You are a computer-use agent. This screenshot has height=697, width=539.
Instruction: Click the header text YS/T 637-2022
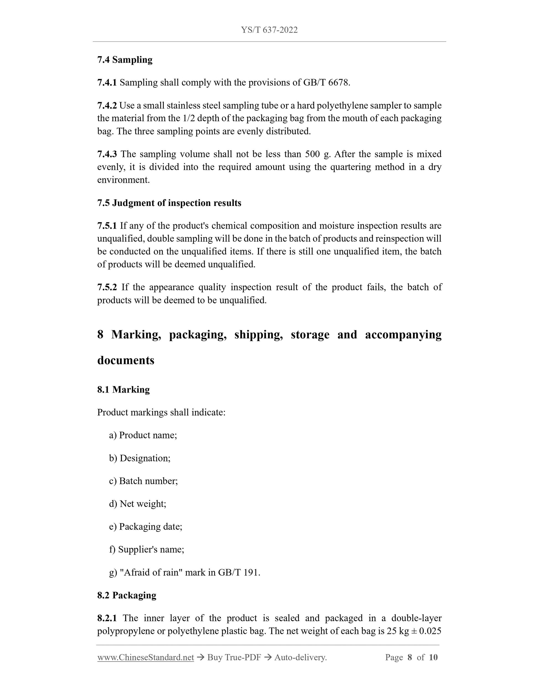tap(269, 30)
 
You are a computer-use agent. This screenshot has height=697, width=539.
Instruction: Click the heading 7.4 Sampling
tap(125, 60)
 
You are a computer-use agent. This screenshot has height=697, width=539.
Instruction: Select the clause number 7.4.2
tap(107, 106)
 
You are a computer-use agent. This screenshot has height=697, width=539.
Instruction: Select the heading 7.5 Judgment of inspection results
tap(169, 203)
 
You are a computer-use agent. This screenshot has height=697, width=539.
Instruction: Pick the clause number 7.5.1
tap(107, 226)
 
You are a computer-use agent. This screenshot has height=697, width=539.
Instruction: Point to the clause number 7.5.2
tap(107, 287)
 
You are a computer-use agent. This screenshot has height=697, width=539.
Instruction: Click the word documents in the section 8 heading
tap(126, 360)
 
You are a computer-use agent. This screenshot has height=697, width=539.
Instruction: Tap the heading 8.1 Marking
tap(124, 390)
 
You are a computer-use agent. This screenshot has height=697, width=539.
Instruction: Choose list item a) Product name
tap(143, 435)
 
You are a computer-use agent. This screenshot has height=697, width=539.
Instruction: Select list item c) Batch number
tap(143, 481)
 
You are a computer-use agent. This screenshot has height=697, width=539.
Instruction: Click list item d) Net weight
tap(138, 504)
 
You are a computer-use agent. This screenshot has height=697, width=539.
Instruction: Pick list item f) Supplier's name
tap(147, 549)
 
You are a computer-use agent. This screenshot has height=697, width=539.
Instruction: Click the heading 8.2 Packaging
tap(127, 595)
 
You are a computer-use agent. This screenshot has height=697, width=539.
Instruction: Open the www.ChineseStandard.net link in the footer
tap(146, 657)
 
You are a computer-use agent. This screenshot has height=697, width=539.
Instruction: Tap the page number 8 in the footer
tap(410, 657)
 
